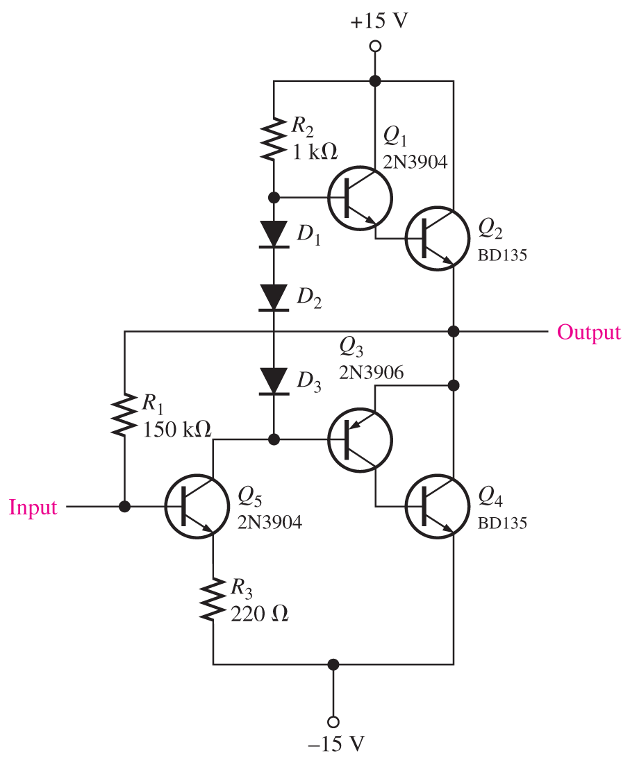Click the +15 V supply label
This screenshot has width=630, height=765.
379,21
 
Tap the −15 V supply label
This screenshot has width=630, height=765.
335,744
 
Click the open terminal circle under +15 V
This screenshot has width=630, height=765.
375,47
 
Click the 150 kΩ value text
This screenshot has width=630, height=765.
176,428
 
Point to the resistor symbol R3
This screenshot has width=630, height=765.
213,598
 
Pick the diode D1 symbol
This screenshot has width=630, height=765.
274,234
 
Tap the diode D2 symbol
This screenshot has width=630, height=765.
274,298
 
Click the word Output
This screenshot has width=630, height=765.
589,333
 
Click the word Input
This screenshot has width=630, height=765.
33,507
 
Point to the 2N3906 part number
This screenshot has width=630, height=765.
372,373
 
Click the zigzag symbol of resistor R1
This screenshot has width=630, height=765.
124,414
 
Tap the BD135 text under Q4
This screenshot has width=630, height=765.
502,521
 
